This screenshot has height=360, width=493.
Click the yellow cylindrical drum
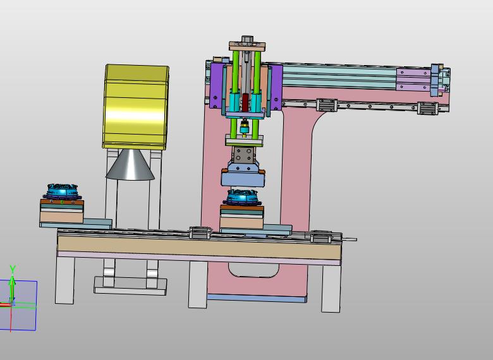(x=135, y=107)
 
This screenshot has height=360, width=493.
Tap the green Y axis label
(x=13, y=269)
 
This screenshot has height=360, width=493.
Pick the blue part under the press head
(x=241, y=197)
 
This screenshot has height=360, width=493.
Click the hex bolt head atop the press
(x=247, y=40)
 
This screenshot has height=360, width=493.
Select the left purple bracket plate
(x=217, y=86)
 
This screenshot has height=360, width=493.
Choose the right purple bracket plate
(x=276, y=87)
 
